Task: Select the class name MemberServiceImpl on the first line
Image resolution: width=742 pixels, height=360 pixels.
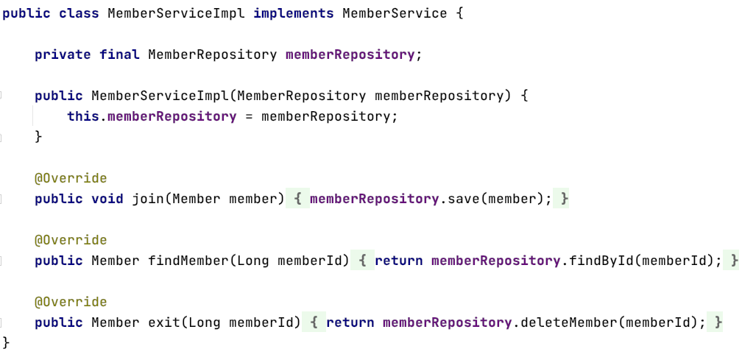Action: pos(176,14)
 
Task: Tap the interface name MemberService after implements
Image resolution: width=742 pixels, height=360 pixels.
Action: pos(395,14)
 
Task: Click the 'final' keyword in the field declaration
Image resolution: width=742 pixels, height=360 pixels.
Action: pos(119,55)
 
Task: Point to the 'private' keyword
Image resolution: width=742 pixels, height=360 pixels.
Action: pos(63,55)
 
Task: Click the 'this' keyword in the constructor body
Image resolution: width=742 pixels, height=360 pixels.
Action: pos(83,117)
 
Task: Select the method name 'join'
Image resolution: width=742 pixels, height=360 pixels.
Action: pos(148,200)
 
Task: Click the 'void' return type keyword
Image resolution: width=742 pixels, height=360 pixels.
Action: pos(107,200)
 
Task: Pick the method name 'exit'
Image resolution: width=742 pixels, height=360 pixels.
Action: pos(164,323)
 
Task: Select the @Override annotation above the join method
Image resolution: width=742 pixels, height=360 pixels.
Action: pos(71,179)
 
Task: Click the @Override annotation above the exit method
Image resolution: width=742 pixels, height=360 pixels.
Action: pos(71,303)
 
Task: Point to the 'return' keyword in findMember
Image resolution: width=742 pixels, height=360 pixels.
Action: pos(399,261)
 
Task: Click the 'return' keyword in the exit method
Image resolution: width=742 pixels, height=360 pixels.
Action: pos(350,323)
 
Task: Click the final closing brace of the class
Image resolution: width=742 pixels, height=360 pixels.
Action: pos(7,343)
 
